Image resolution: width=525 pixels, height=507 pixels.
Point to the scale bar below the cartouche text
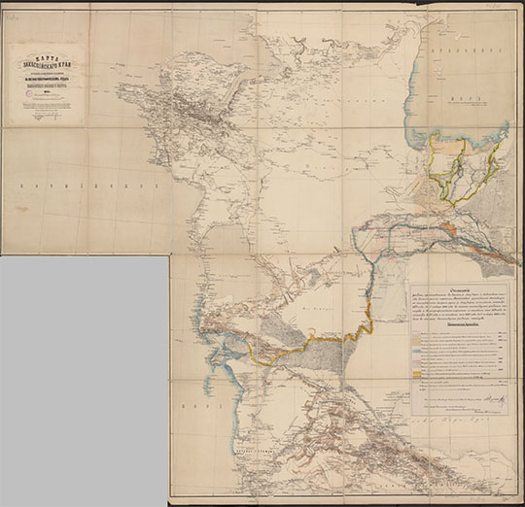pyautogui.click(x=47, y=117)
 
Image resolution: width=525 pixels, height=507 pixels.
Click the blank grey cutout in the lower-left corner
pyautogui.click(x=83, y=379)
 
